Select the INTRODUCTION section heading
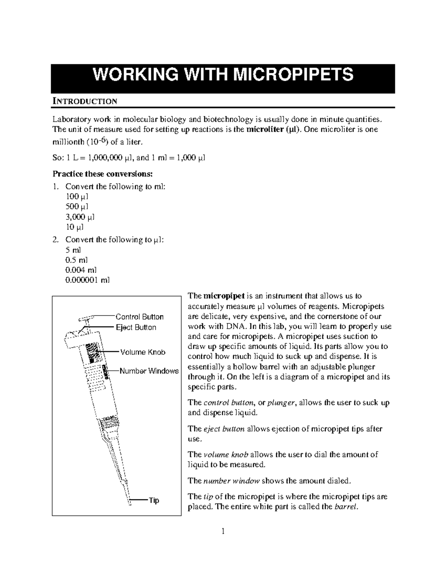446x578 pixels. (x=85, y=101)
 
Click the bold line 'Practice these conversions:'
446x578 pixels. (x=103, y=174)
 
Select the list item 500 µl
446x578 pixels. (x=77, y=207)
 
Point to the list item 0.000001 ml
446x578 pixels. (x=87, y=280)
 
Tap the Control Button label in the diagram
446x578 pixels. (x=139, y=317)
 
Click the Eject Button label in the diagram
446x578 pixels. (x=136, y=328)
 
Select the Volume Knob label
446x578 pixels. (x=142, y=352)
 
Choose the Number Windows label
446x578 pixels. (x=149, y=371)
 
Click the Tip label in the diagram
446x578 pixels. (x=154, y=501)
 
